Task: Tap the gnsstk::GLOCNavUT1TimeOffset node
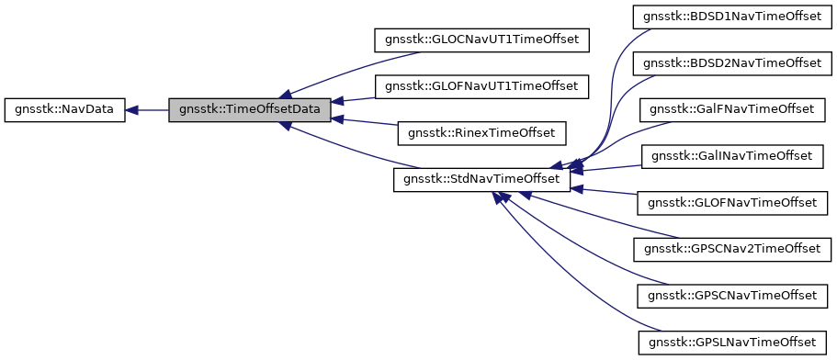coord(481,40)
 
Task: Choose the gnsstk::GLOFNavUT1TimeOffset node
coord(481,86)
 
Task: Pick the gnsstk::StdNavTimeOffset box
coord(481,179)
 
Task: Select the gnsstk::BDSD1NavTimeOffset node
coord(732,17)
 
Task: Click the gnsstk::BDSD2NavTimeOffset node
coord(732,63)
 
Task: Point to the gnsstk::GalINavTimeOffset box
coord(732,156)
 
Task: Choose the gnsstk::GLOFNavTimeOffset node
coord(732,202)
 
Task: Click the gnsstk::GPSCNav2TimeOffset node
coord(732,249)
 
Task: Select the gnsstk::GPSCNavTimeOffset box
coord(732,295)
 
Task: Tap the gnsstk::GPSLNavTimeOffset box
coord(732,342)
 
